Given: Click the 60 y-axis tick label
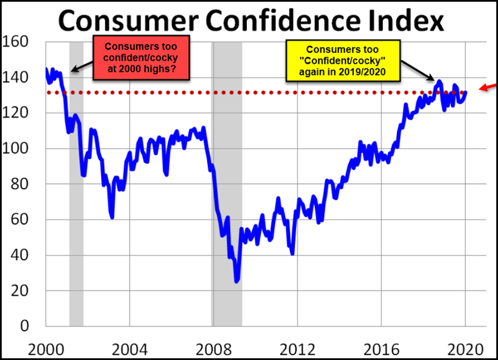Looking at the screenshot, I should [x=20, y=219].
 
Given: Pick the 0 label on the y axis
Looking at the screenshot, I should [x=24, y=326].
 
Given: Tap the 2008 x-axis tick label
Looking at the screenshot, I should [x=213, y=349].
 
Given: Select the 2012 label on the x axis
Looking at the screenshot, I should [x=297, y=349].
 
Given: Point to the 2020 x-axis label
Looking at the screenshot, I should [x=465, y=349].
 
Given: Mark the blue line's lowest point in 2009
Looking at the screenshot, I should [x=236, y=281].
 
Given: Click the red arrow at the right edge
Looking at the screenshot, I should [x=489, y=86].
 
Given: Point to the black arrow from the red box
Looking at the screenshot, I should [x=81, y=68].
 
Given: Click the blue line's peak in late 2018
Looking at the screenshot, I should [x=440, y=82].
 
